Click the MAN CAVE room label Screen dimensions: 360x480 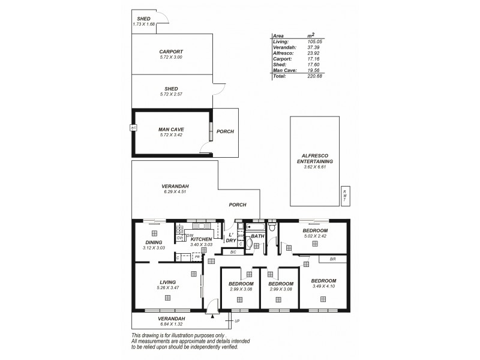coord(171,129)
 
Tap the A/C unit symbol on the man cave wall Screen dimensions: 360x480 coord(133,128)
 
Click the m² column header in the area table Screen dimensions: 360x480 coord(311,35)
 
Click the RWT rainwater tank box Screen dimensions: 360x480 coord(345,194)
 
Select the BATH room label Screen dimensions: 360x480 coord(258,236)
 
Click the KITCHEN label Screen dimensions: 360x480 coord(201,239)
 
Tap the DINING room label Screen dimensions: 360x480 coord(154,242)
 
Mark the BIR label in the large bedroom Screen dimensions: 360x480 coord(332,259)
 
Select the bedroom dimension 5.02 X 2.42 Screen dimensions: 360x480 coord(315,236)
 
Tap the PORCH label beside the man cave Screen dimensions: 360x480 coord(226,131)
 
